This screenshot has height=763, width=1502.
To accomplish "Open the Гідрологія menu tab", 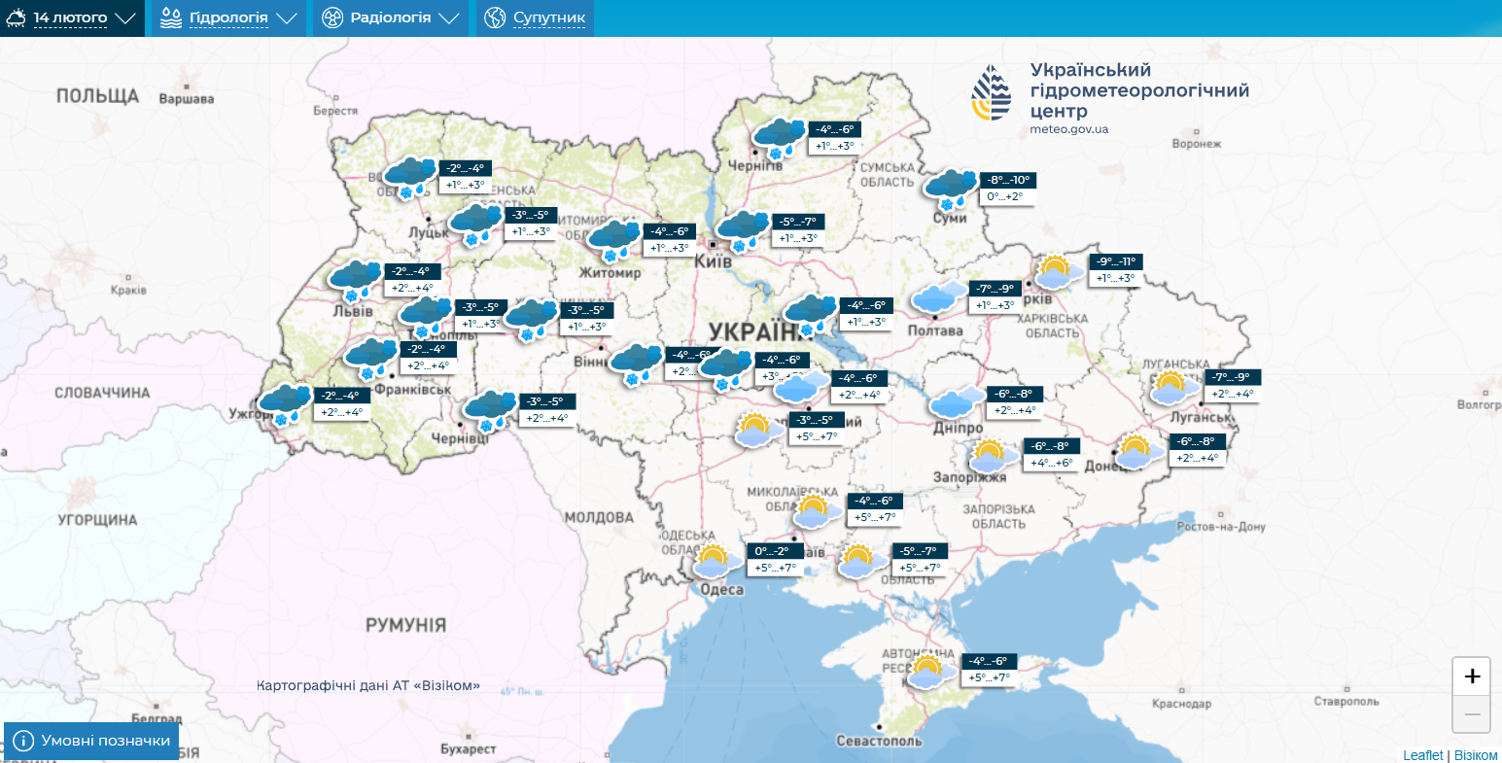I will pyautogui.click(x=228, y=17).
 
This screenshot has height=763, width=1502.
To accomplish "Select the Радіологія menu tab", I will pyautogui.click(x=390, y=17).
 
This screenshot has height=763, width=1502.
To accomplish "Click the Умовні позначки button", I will pyautogui.click(x=91, y=741).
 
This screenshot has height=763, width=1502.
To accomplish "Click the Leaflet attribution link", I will pyautogui.click(x=1422, y=755).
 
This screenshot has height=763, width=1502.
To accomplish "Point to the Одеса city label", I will pyautogui.click(x=722, y=590).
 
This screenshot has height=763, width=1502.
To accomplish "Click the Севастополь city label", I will pyautogui.click(x=879, y=741).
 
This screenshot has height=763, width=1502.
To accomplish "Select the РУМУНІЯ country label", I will pyautogui.click(x=405, y=625).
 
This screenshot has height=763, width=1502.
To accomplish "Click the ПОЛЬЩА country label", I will pyautogui.click(x=97, y=95).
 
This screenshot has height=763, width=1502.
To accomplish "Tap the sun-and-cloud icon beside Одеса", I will pyautogui.click(x=712, y=562).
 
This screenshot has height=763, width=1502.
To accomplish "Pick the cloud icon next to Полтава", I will pyautogui.click(x=939, y=296).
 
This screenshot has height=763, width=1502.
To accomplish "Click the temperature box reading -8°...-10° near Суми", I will pyautogui.click(x=1007, y=180).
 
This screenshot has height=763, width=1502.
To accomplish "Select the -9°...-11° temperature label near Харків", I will pyautogui.click(x=1115, y=261).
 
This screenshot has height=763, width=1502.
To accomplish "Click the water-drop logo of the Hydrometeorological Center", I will pyautogui.click(x=992, y=94).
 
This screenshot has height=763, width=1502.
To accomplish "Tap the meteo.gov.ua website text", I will pyautogui.click(x=1069, y=129).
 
